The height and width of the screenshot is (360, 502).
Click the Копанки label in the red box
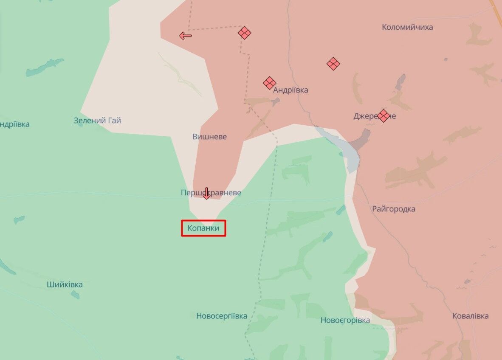[x=203, y=228]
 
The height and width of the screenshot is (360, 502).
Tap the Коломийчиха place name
[x=407, y=27]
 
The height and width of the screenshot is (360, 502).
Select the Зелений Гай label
[x=97, y=121]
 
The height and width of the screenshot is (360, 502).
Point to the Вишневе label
[x=209, y=137]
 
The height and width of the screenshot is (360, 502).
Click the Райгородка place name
[x=394, y=209]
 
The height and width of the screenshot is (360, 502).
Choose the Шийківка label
[x=65, y=284]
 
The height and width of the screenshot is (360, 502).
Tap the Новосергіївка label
[x=222, y=316]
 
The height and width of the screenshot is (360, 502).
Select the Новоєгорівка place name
[x=345, y=320]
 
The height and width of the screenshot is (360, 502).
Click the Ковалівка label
[x=470, y=316]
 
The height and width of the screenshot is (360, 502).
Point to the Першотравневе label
[x=211, y=193]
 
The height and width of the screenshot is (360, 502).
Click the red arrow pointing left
[x=185, y=36]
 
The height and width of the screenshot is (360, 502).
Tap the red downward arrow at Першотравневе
[x=206, y=193]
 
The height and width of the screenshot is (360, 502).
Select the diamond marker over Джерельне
[x=384, y=115]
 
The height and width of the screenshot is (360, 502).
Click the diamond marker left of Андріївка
[x=269, y=83]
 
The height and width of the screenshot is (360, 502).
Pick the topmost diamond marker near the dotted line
[x=244, y=33]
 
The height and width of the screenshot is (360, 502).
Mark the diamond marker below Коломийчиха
[x=333, y=64]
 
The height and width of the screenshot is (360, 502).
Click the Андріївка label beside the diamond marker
[x=291, y=90]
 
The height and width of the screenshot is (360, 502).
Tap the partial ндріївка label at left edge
[x=15, y=124]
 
